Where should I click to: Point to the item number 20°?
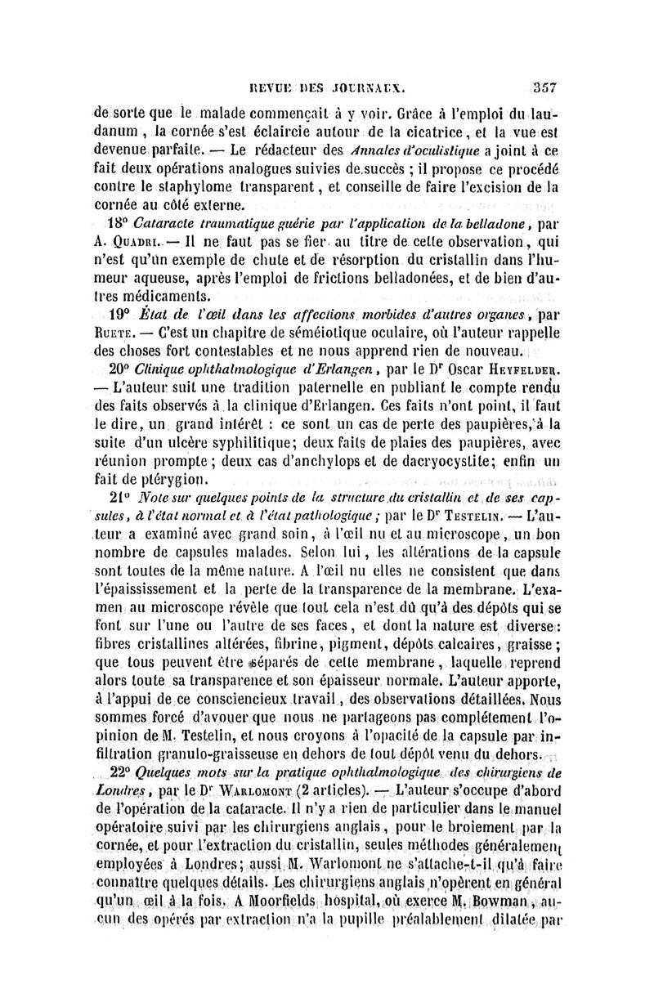coord(121,369)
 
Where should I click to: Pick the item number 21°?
coord(120,500)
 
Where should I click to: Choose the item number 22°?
coord(120,772)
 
